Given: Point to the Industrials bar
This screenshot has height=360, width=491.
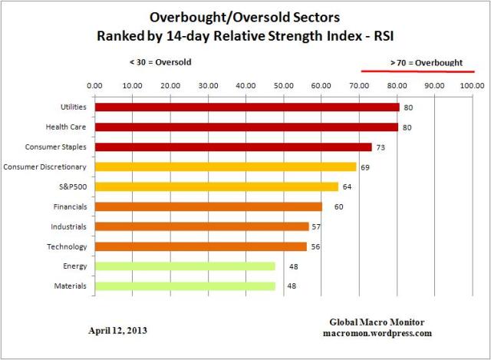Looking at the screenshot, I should [x=202, y=226].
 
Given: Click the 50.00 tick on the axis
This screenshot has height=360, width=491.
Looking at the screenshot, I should [x=284, y=85].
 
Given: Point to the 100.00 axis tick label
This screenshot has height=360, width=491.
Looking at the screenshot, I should [x=472, y=85].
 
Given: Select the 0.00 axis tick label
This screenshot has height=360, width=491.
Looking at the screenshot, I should [x=95, y=85].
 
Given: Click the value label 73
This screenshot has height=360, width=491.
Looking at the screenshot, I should [x=379, y=147].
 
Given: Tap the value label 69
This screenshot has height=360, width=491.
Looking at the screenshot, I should [x=365, y=167].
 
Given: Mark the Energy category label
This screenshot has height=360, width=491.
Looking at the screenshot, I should [x=74, y=266].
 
